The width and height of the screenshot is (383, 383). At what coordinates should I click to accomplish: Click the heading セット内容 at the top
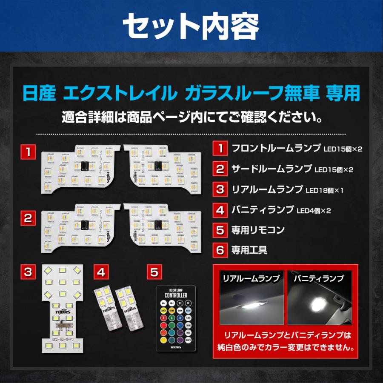pyautogui.click(x=191, y=26)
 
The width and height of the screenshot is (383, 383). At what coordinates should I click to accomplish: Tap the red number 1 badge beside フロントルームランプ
pyautogui.click(x=220, y=149)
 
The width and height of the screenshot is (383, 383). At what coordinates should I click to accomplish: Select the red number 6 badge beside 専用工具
pyautogui.click(x=220, y=250)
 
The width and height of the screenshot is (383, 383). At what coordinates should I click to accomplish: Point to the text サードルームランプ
pyautogui.click(x=272, y=169)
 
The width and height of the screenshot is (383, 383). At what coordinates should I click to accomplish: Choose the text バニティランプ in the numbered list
pyautogui.click(x=263, y=210)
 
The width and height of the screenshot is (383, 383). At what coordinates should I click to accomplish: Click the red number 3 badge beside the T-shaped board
pyautogui.click(x=28, y=271)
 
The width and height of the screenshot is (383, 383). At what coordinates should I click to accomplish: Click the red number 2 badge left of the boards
pyautogui.click(x=28, y=218)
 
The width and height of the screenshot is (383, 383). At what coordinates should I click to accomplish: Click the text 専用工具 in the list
pyautogui.click(x=249, y=250)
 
